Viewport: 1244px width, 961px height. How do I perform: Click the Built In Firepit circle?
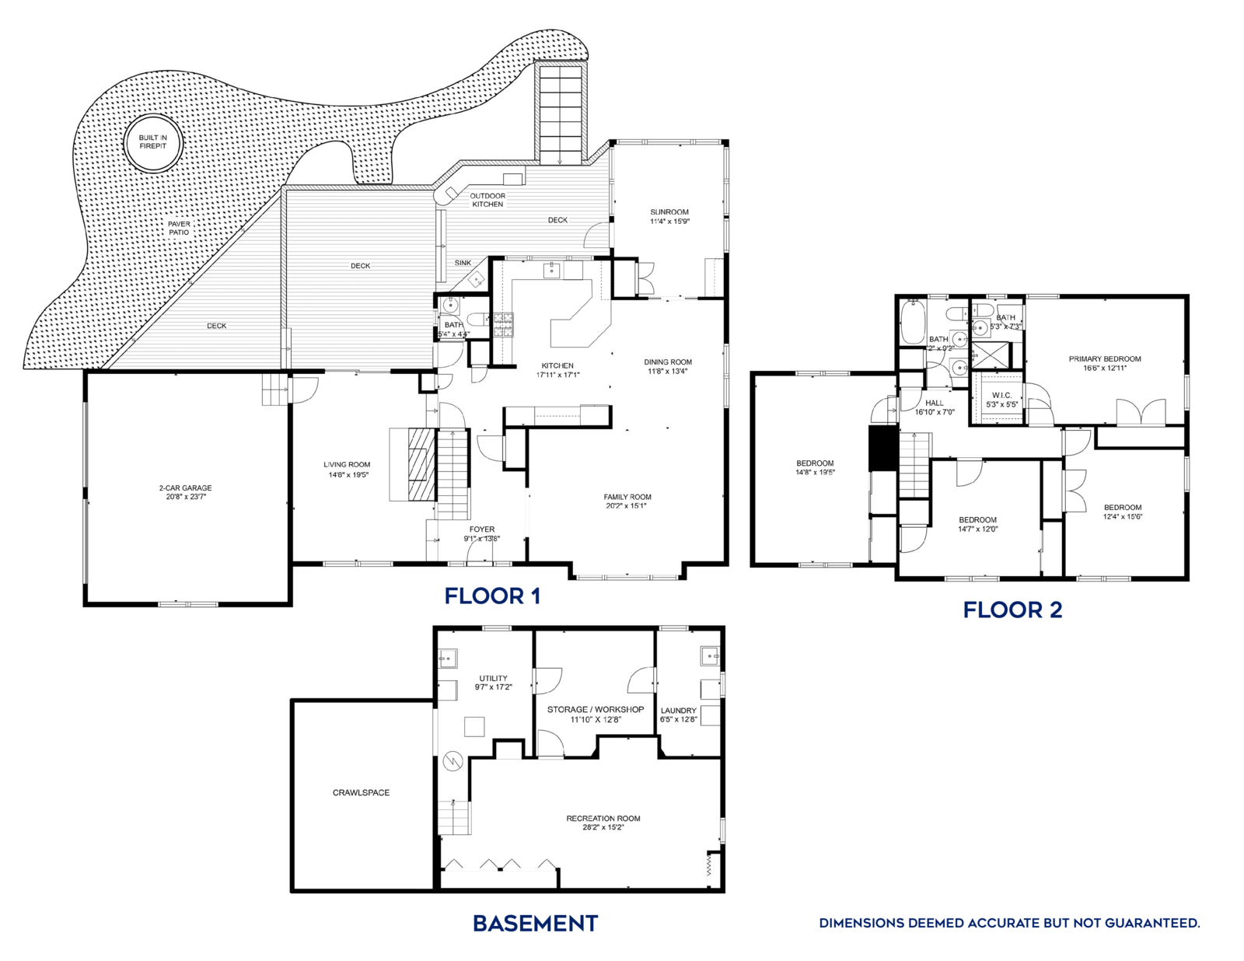[153, 142]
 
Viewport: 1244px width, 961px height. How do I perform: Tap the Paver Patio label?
[179, 228]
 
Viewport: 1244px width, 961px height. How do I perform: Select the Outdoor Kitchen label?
[487, 200]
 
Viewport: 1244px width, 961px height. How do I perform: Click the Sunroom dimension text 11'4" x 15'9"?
[669, 222]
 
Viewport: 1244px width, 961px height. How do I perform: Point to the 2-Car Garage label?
[185, 488]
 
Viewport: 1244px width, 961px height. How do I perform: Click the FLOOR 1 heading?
[492, 596]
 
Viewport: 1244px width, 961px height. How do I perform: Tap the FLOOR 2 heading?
[1012, 610]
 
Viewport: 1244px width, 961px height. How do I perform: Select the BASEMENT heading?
[535, 924]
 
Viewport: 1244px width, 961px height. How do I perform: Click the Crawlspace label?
[361, 793]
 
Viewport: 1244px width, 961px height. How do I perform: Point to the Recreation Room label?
[603, 819]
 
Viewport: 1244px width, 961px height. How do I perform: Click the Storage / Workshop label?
[596, 710]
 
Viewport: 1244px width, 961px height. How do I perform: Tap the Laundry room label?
[679, 711]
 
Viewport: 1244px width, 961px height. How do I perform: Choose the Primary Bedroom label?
[1105, 359]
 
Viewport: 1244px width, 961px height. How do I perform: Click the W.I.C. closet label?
[1001, 396]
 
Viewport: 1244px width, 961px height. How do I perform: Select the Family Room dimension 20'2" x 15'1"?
[627, 506]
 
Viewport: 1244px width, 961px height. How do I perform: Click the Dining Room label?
[668, 362]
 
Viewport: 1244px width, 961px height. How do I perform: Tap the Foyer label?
[482, 529]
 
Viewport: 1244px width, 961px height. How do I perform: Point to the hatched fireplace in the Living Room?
[421, 463]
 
